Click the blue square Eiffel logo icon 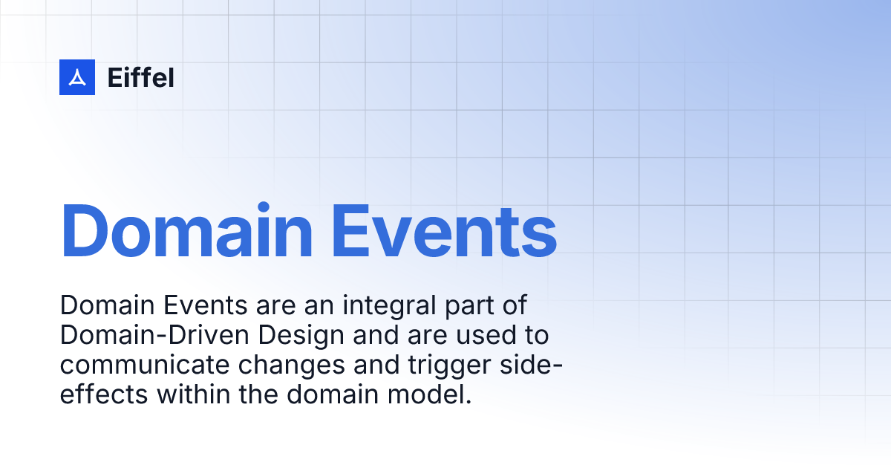(77, 77)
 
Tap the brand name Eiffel (141, 77)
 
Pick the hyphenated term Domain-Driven (155, 336)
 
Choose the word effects (104, 394)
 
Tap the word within (194, 394)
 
